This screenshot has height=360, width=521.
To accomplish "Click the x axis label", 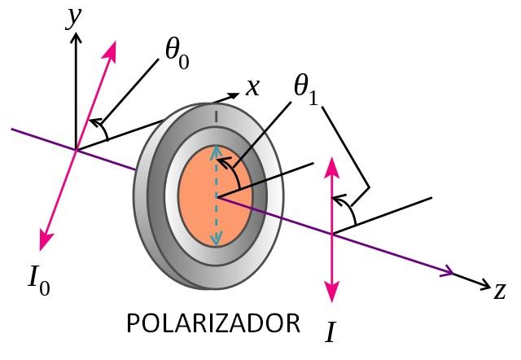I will pos(253,86).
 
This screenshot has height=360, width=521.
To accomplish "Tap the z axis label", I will pos(500,288).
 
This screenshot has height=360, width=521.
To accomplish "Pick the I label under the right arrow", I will pos(331,332).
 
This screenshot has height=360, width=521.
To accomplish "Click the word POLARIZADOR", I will pos(213,323).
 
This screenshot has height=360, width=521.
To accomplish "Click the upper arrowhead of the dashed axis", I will pos(216,151).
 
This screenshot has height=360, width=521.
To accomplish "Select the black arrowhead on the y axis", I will pos(76,39).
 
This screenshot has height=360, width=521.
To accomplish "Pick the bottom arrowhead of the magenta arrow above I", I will pos(331,292).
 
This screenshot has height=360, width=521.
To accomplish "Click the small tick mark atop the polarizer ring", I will pos(216,117).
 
